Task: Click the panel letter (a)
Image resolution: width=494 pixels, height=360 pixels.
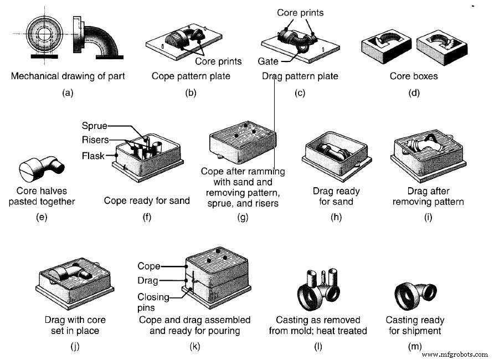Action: (x=68, y=93)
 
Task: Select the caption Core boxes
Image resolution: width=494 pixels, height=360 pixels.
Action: (x=413, y=76)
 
